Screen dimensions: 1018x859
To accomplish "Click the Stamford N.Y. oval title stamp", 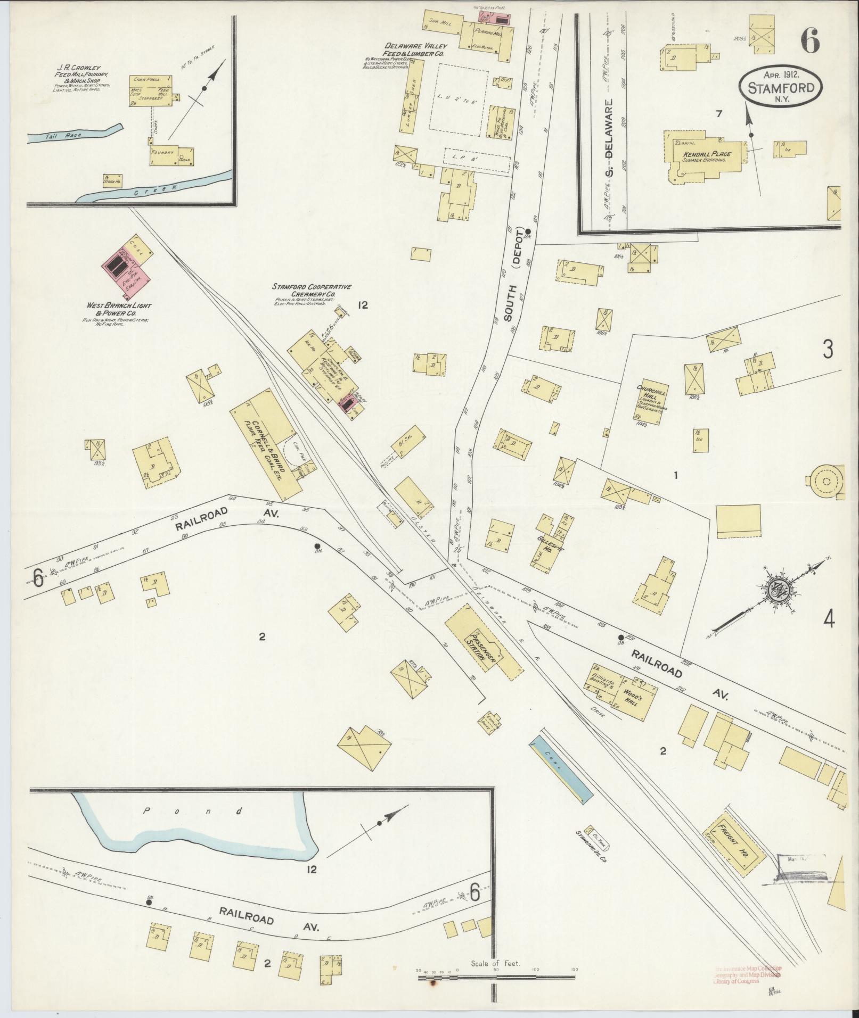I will tap(781, 86).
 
